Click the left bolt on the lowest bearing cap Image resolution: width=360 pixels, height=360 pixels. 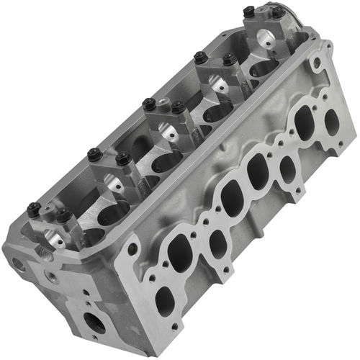[33, 210]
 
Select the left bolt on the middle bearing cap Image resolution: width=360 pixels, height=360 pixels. [148, 103]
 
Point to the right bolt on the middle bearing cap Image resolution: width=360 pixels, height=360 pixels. [176, 107]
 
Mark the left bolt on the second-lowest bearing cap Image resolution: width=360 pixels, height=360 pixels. [93, 153]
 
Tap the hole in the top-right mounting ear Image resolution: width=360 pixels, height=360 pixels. [316, 63]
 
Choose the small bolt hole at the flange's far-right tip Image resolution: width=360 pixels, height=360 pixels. [348, 128]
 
